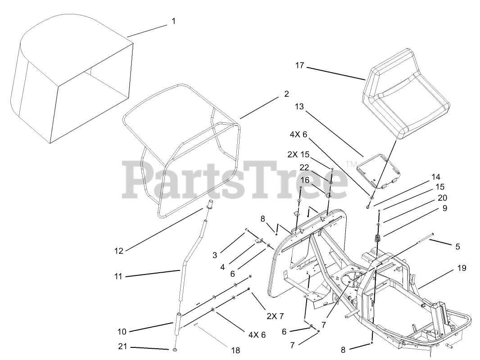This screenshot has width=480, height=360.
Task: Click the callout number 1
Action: [x=173, y=21]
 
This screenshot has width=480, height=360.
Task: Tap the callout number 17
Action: [x=299, y=66]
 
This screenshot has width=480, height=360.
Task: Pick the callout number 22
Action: [x=305, y=167]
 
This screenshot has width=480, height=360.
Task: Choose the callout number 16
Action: [x=305, y=180]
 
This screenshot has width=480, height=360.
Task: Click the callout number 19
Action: [x=461, y=268]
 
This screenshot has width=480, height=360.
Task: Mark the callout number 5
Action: [x=457, y=246]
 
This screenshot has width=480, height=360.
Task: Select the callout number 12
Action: [x=118, y=251]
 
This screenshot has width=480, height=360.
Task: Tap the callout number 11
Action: [x=118, y=276]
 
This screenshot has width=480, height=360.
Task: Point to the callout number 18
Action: [x=235, y=350]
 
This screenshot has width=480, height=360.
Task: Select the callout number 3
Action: [x=215, y=255]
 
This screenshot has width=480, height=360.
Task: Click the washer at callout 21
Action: [x=174, y=350]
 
